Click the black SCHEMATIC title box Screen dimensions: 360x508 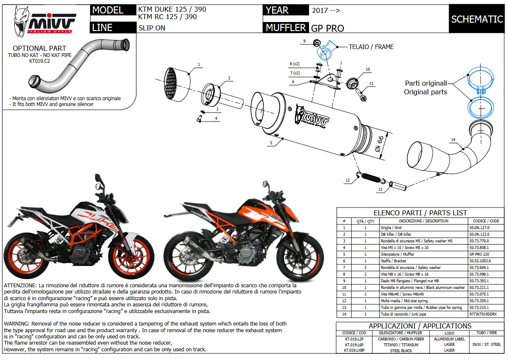pyautogui.click(x=477, y=19)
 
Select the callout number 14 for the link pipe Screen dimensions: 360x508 pyautogui.click(x=453, y=140)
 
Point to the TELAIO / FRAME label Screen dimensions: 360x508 pyautogui.click(x=371, y=47)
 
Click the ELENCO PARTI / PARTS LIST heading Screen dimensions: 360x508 pyautogui.click(x=420, y=213)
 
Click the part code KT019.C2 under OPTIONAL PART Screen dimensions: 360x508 pyautogui.click(x=39, y=61)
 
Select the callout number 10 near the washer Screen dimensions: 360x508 pyautogui.click(x=367, y=69)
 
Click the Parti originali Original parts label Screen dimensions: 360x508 pyautogui.click(x=425, y=88)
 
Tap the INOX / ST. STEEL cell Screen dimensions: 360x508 pyautogui.click(x=486, y=345)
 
